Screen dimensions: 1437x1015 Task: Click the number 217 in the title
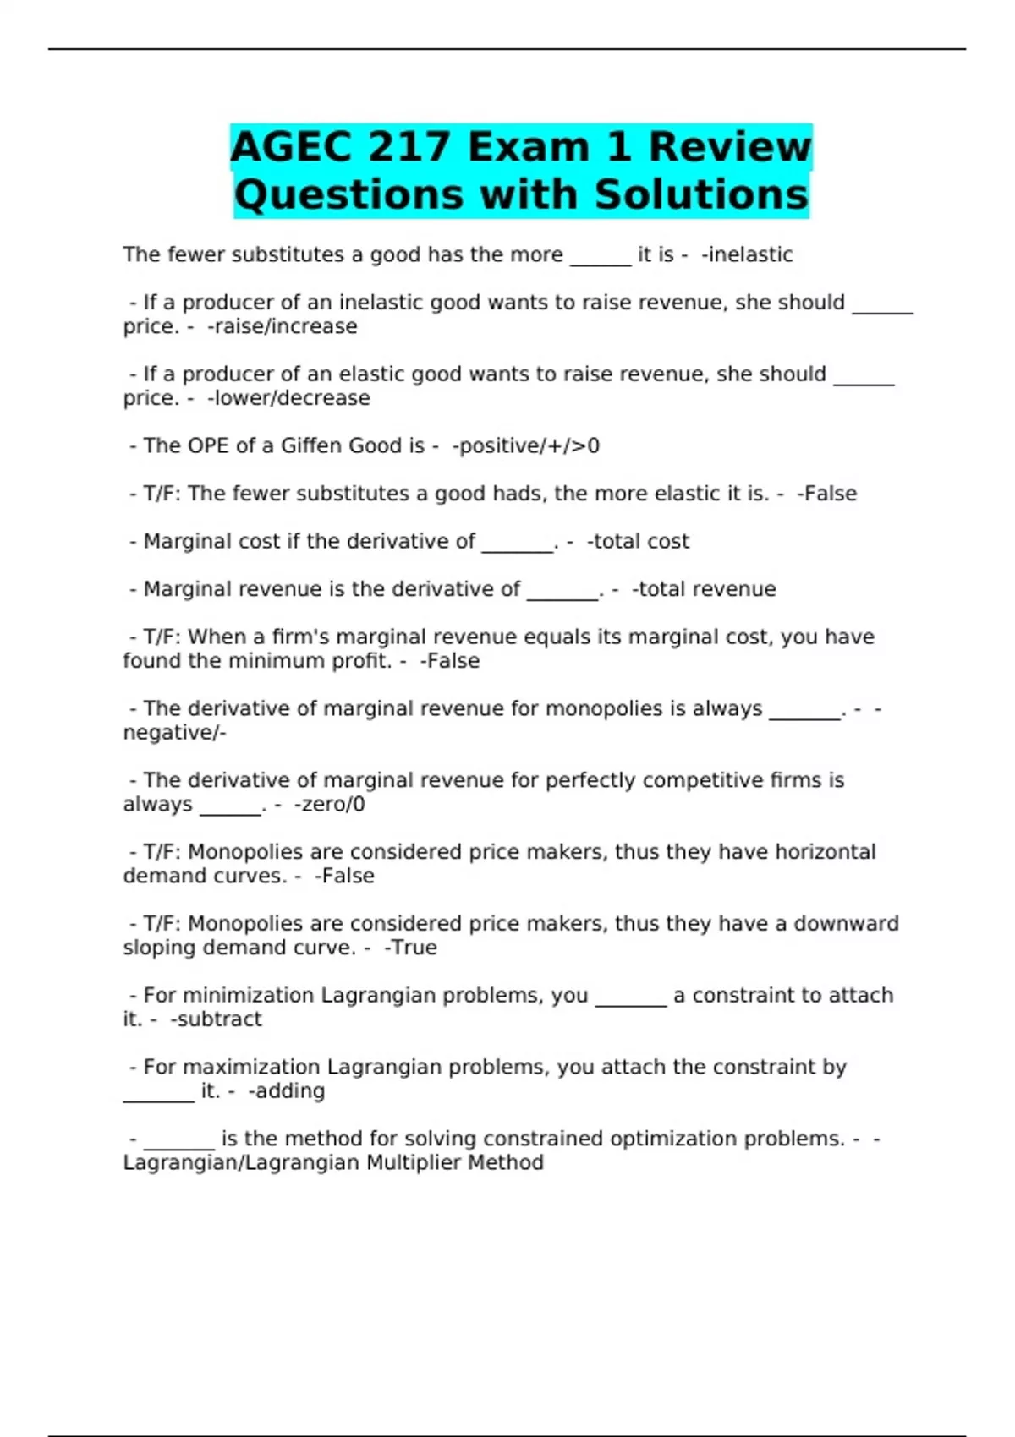409,147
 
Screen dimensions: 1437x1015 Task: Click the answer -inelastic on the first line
747,254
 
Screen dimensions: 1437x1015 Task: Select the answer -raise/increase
283,326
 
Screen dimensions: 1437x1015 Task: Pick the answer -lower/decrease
288,398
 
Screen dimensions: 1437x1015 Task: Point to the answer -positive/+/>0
526,445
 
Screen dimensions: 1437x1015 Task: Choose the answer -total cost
638,541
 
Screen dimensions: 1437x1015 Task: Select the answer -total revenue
704,589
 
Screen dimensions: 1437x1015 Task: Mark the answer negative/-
174,733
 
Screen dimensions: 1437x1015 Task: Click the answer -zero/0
330,804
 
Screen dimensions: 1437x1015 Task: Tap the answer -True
410,948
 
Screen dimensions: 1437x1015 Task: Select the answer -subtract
216,1019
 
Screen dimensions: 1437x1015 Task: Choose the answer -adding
287,1091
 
